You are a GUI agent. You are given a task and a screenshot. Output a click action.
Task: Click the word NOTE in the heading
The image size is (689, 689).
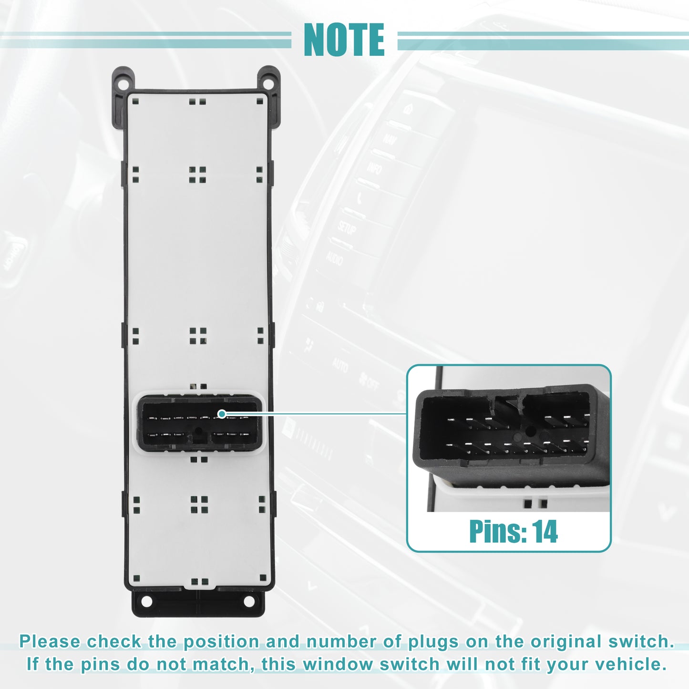(344, 40)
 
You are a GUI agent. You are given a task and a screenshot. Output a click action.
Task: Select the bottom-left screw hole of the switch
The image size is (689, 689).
(146, 601)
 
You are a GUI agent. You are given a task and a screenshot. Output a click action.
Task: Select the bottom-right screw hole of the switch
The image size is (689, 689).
(249, 601)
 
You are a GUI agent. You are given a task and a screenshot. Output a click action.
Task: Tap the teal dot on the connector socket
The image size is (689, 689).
(222, 414)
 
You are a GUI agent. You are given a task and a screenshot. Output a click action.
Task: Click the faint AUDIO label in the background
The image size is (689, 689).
(334, 258)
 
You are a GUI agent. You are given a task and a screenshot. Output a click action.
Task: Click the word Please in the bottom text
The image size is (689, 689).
(50, 641)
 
